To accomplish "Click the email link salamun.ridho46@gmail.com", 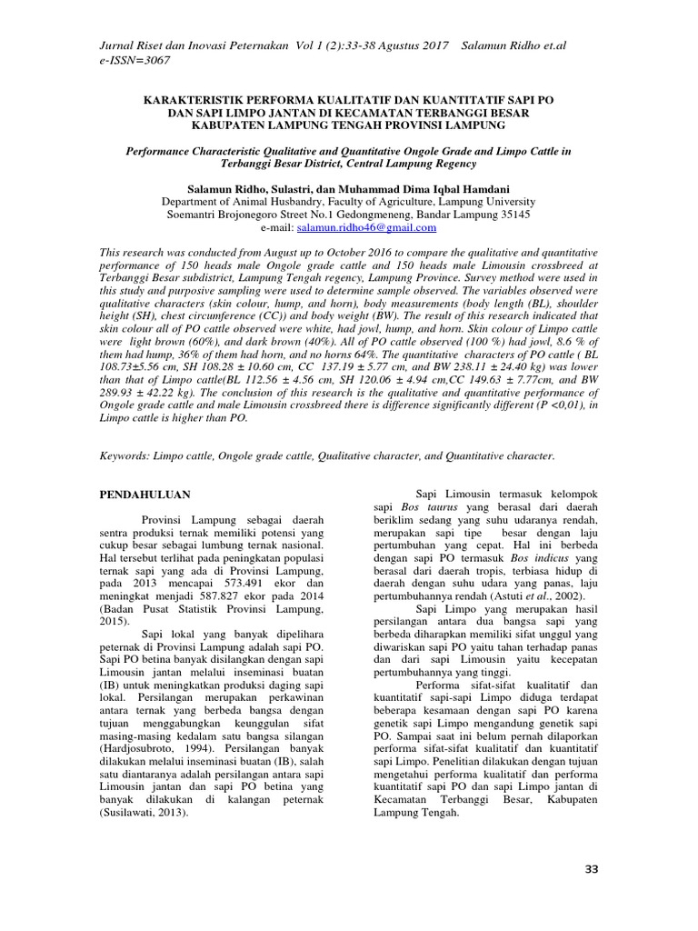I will point(351,227).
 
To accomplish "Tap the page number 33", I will point(592,870).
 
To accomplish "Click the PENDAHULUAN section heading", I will point(145,494).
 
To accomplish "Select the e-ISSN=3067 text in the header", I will point(132,60).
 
